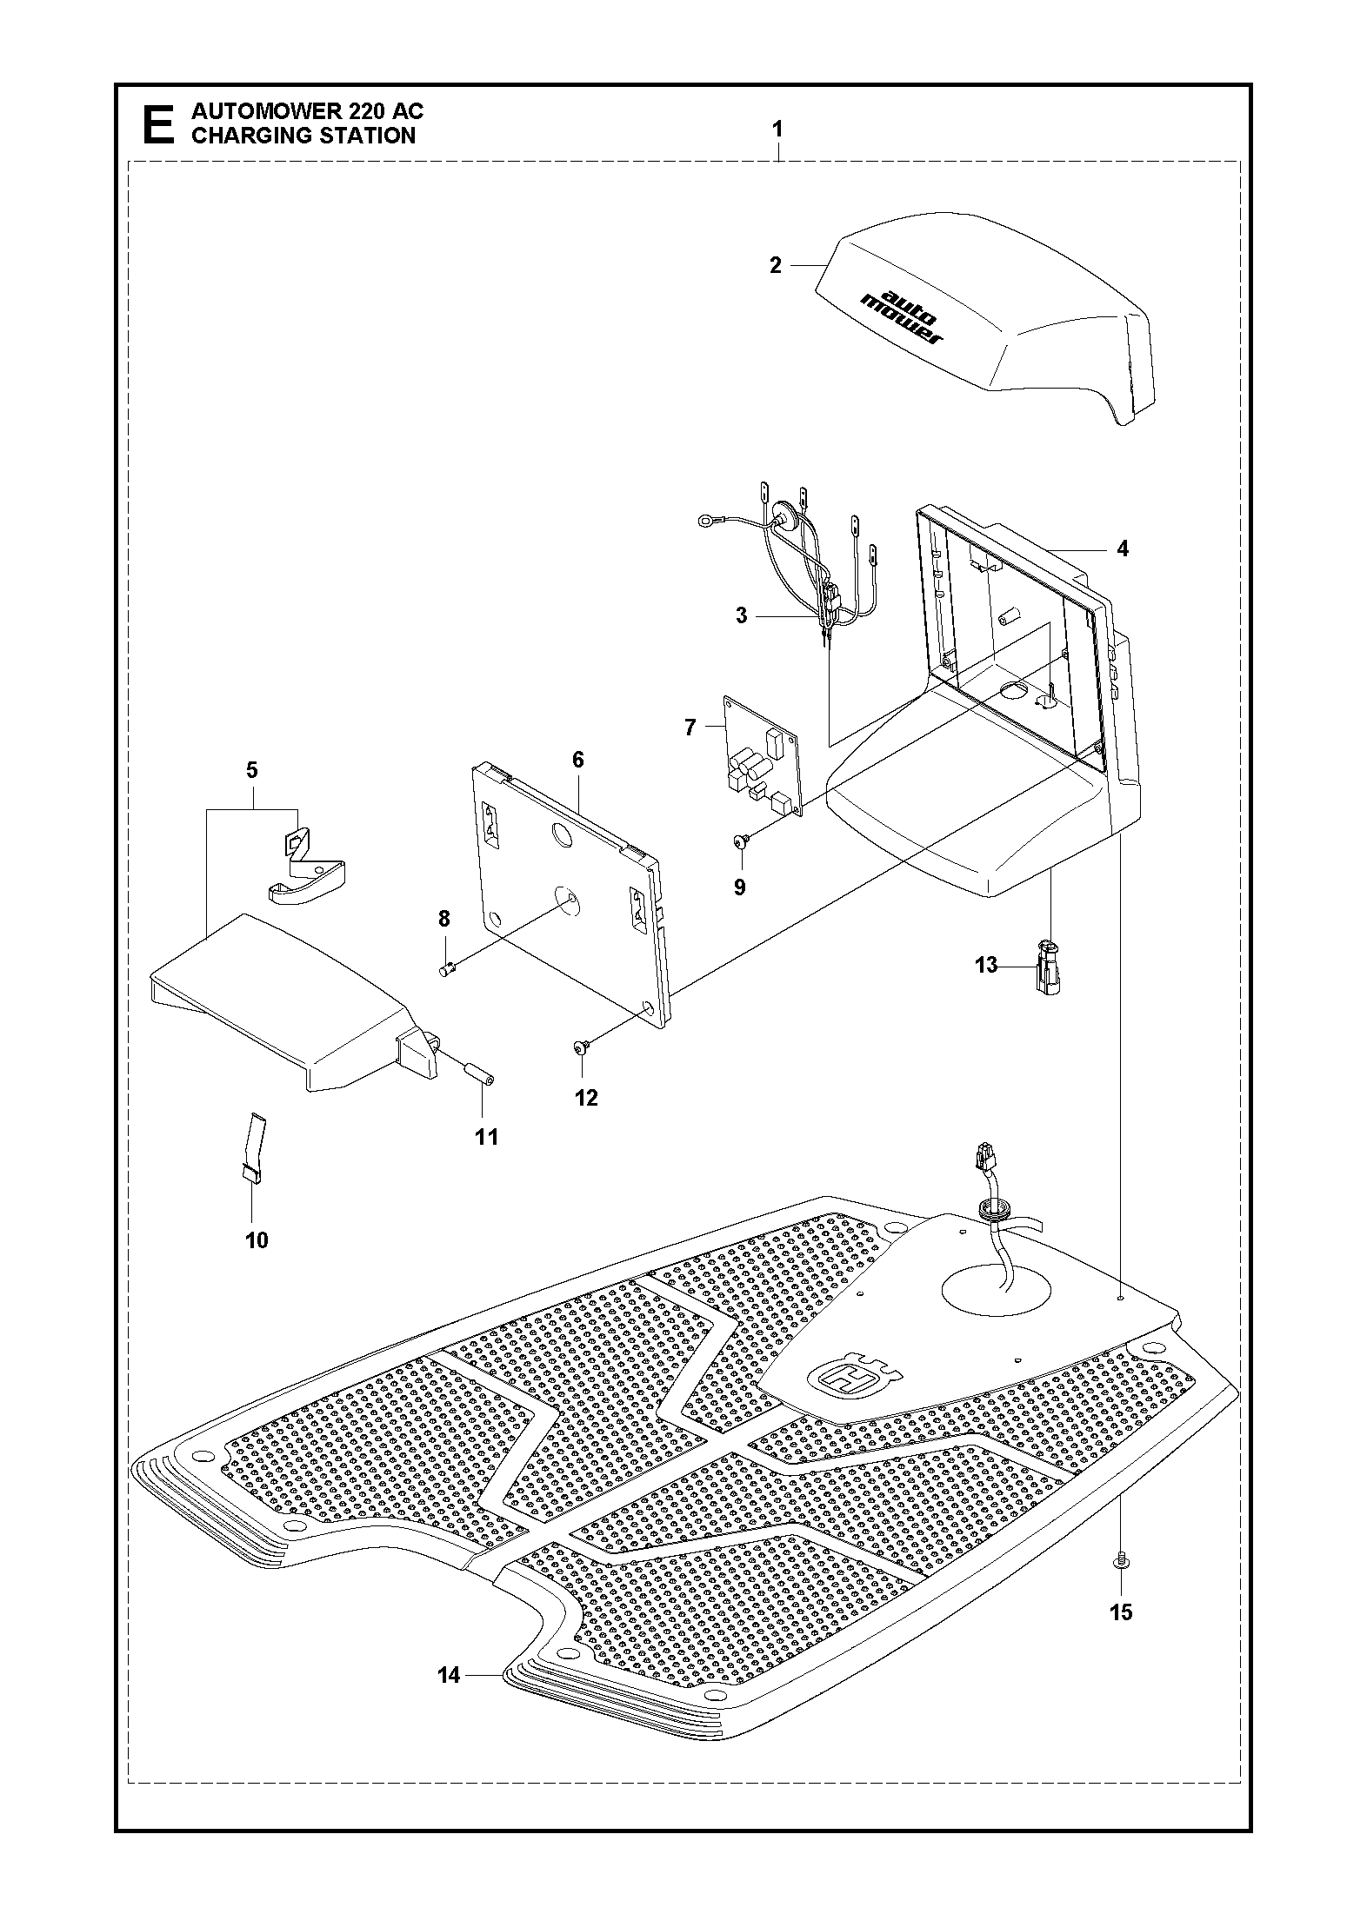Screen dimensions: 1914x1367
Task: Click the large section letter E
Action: (157, 124)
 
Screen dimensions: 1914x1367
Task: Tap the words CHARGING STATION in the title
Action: (303, 136)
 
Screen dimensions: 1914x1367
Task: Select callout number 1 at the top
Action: (777, 130)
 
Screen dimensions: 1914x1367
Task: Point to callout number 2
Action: (776, 265)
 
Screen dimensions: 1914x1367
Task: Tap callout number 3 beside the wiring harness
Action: (741, 615)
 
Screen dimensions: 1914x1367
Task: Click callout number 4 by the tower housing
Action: (1123, 548)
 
